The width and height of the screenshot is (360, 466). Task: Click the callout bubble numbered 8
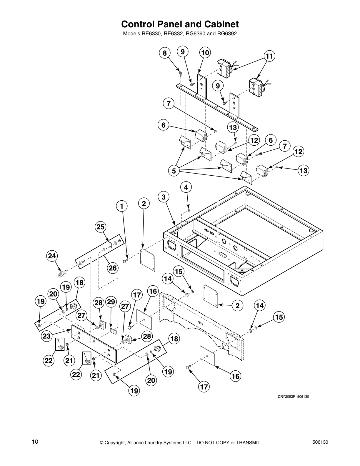(x=165, y=53)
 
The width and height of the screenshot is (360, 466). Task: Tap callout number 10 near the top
(x=205, y=53)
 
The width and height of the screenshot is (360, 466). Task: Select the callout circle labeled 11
(x=269, y=56)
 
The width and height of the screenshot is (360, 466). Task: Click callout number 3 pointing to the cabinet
(x=164, y=197)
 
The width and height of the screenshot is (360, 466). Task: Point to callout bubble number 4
(x=186, y=187)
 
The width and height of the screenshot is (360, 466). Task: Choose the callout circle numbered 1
(x=121, y=206)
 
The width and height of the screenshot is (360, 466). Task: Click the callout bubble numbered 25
(x=101, y=227)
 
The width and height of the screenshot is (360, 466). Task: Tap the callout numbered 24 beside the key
(x=52, y=256)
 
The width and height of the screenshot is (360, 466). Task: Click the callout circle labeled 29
(x=111, y=302)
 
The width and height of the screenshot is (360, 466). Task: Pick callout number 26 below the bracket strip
(x=113, y=268)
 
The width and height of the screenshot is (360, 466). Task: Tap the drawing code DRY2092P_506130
(x=293, y=397)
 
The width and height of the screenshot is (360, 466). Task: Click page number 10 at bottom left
(x=35, y=441)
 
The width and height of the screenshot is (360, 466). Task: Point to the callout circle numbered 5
(x=174, y=171)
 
